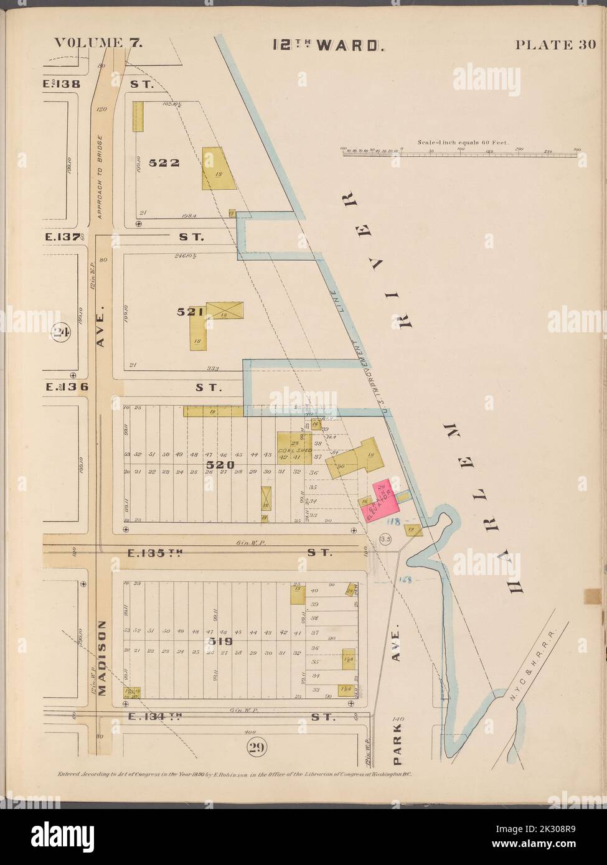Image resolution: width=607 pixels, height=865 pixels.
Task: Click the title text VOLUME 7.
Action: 99,43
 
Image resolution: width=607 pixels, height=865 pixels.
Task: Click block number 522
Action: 164,163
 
